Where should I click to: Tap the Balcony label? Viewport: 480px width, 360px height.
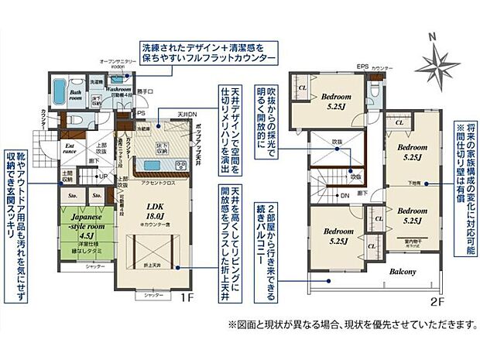[x=403, y=272]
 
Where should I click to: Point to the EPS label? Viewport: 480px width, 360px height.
[x=362, y=67]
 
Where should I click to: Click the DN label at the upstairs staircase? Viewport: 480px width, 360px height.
[x=343, y=195]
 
